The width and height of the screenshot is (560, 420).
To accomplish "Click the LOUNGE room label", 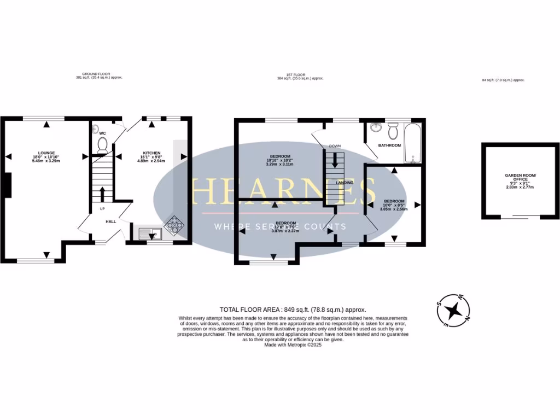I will pyautogui.click(x=46, y=153).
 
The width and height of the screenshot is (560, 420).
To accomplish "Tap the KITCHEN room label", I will pyautogui.click(x=151, y=153).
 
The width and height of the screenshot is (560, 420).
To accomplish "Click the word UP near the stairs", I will pyautogui.click(x=102, y=208).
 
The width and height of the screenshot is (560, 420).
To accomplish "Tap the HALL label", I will pyautogui.click(x=110, y=221).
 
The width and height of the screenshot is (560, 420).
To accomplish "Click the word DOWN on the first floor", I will pyautogui.click(x=335, y=146).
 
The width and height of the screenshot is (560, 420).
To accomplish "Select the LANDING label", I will pyautogui.click(x=344, y=183).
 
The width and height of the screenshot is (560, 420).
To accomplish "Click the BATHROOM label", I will pyautogui.click(x=390, y=145).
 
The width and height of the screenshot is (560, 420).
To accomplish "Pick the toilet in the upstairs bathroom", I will pyautogui.click(x=393, y=131).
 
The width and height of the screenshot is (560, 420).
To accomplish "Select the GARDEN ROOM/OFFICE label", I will pyautogui.click(x=521, y=177).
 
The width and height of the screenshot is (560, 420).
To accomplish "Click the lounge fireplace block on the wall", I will pyautogui.click(x=7, y=185).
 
